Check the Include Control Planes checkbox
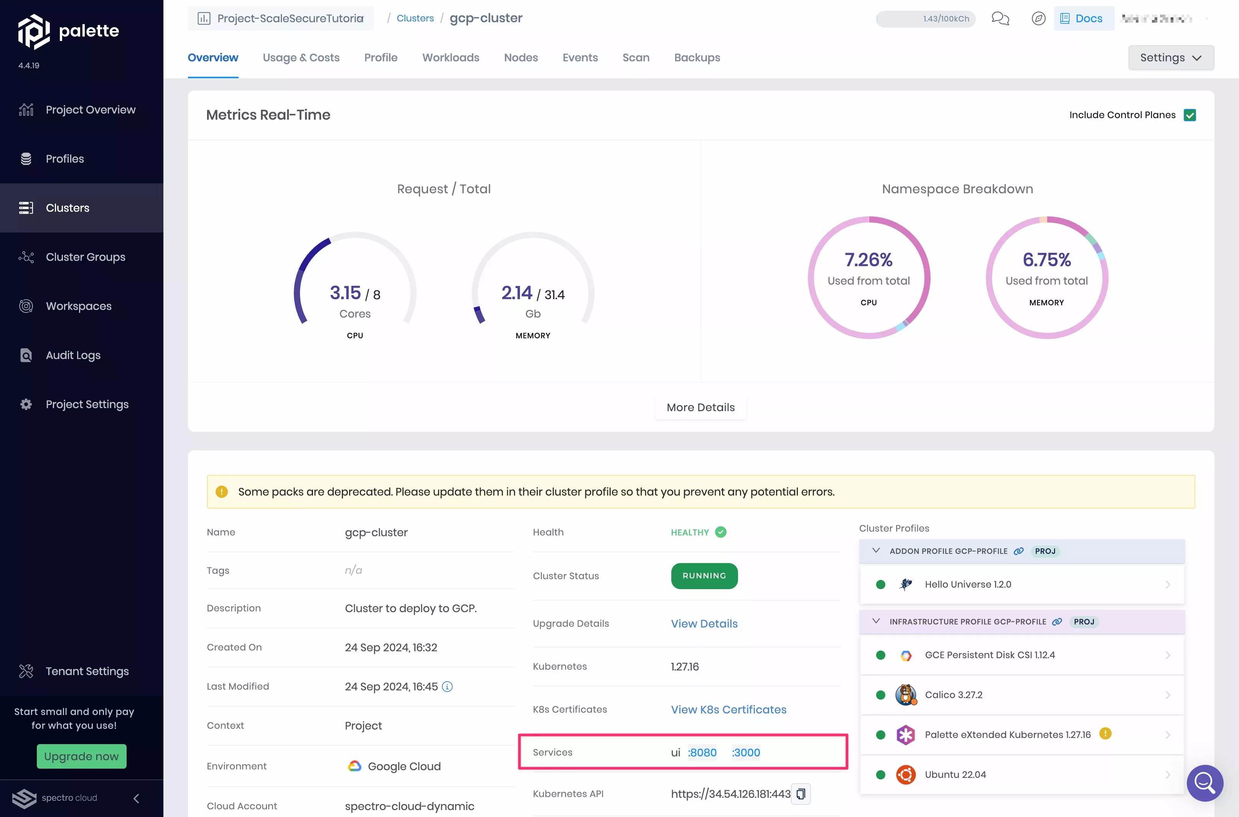[x=1190, y=115]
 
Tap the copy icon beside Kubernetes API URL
[x=801, y=794]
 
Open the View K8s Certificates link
[x=728, y=709]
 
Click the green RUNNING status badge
[x=704, y=575]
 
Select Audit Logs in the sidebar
[x=73, y=355]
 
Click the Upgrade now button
[x=81, y=756]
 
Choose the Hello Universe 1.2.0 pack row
[x=1021, y=584]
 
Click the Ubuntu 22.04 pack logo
[x=906, y=774]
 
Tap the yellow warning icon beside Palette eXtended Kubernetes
[x=1105, y=734]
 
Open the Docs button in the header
[x=1083, y=18]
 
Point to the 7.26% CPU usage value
[x=868, y=259]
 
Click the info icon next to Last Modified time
[x=447, y=686]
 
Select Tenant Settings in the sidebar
[x=87, y=671]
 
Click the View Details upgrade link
[x=704, y=623]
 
